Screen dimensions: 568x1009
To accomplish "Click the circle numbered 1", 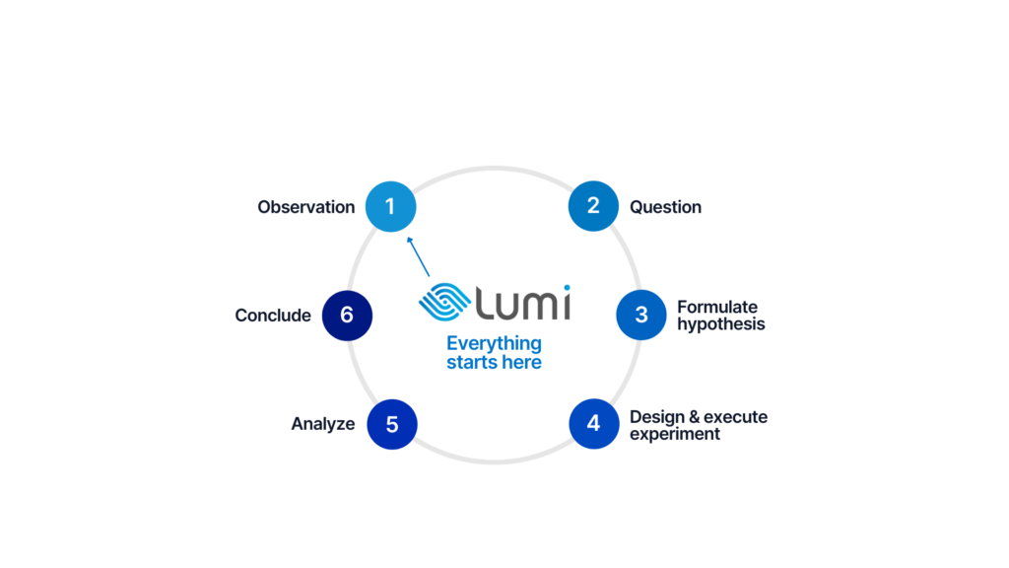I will (x=390, y=207).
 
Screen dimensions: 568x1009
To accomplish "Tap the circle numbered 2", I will (x=593, y=206).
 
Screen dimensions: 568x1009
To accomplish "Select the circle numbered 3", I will (x=641, y=315).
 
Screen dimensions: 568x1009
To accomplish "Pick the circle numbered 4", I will (x=593, y=423).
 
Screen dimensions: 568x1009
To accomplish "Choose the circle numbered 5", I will (x=392, y=424).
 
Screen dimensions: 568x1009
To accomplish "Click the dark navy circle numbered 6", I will (x=347, y=316).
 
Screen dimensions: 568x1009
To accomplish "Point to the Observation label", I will (x=305, y=207).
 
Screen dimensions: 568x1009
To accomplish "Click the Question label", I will (x=665, y=207).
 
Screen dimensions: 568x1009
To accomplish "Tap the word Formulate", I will (x=716, y=307).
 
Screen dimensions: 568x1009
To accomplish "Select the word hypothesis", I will (x=720, y=323).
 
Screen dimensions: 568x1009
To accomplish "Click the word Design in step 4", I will (x=654, y=416).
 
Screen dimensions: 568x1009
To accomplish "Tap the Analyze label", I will (x=322, y=424).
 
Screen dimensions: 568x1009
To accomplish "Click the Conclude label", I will (x=272, y=316).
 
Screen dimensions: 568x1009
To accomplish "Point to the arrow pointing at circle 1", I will (x=419, y=256).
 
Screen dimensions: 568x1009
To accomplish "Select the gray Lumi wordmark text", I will (x=523, y=302).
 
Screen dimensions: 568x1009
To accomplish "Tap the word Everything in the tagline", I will (x=494, y=343).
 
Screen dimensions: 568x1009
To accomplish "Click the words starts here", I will (x=494, y=362).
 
